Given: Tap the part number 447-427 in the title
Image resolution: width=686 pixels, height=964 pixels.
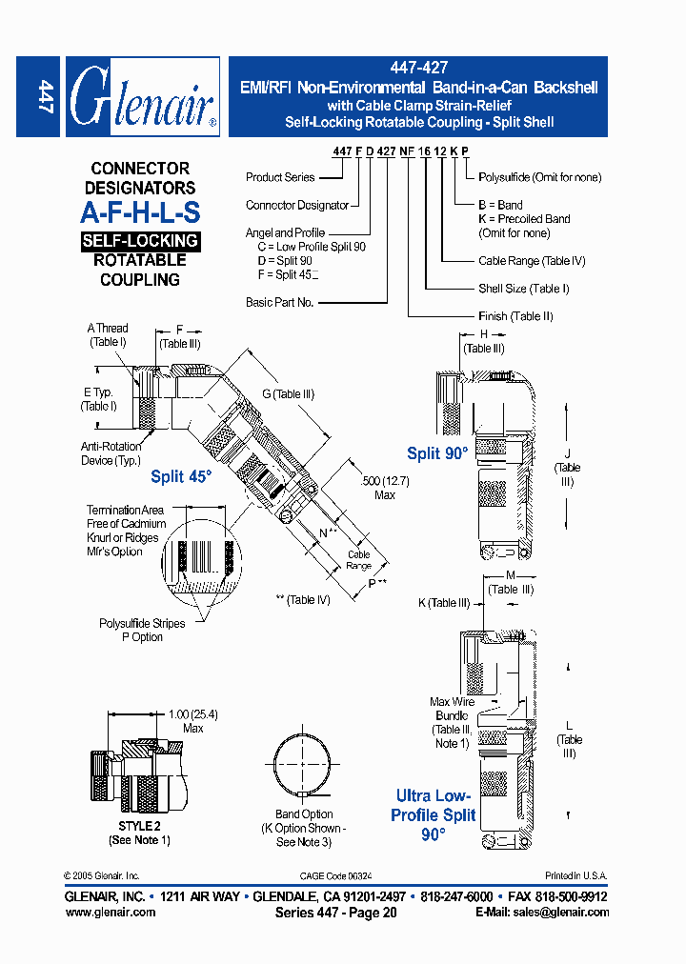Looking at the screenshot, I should point(418,69).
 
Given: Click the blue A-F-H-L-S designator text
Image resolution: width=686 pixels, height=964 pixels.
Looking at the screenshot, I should point(140,212).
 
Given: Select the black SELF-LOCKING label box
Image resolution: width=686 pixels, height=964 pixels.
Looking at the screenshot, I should point(140,241).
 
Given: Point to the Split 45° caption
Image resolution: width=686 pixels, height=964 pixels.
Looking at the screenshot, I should point(180,476).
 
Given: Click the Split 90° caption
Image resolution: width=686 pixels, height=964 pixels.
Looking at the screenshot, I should point(437,453).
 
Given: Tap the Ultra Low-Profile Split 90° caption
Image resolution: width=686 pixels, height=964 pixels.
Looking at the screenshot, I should point(434,814).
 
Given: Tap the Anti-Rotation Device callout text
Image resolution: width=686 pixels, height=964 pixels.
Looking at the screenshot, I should point(111,453).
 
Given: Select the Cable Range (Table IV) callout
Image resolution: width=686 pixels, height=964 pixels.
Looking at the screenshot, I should point(532,261).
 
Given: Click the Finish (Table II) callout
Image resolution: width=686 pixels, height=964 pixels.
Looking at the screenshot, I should point(515,316).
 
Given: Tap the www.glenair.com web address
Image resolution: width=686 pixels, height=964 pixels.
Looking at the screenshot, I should point(111,912).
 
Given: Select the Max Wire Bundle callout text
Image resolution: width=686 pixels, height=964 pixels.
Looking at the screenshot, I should point(451,723).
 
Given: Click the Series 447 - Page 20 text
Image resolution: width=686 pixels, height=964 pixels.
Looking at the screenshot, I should point(334,912).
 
